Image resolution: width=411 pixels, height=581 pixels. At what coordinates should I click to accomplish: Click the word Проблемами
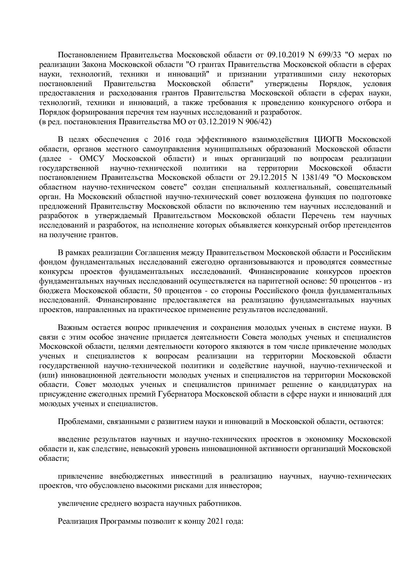(77, 422)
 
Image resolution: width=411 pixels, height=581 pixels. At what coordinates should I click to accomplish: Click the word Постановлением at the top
(88, 55)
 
